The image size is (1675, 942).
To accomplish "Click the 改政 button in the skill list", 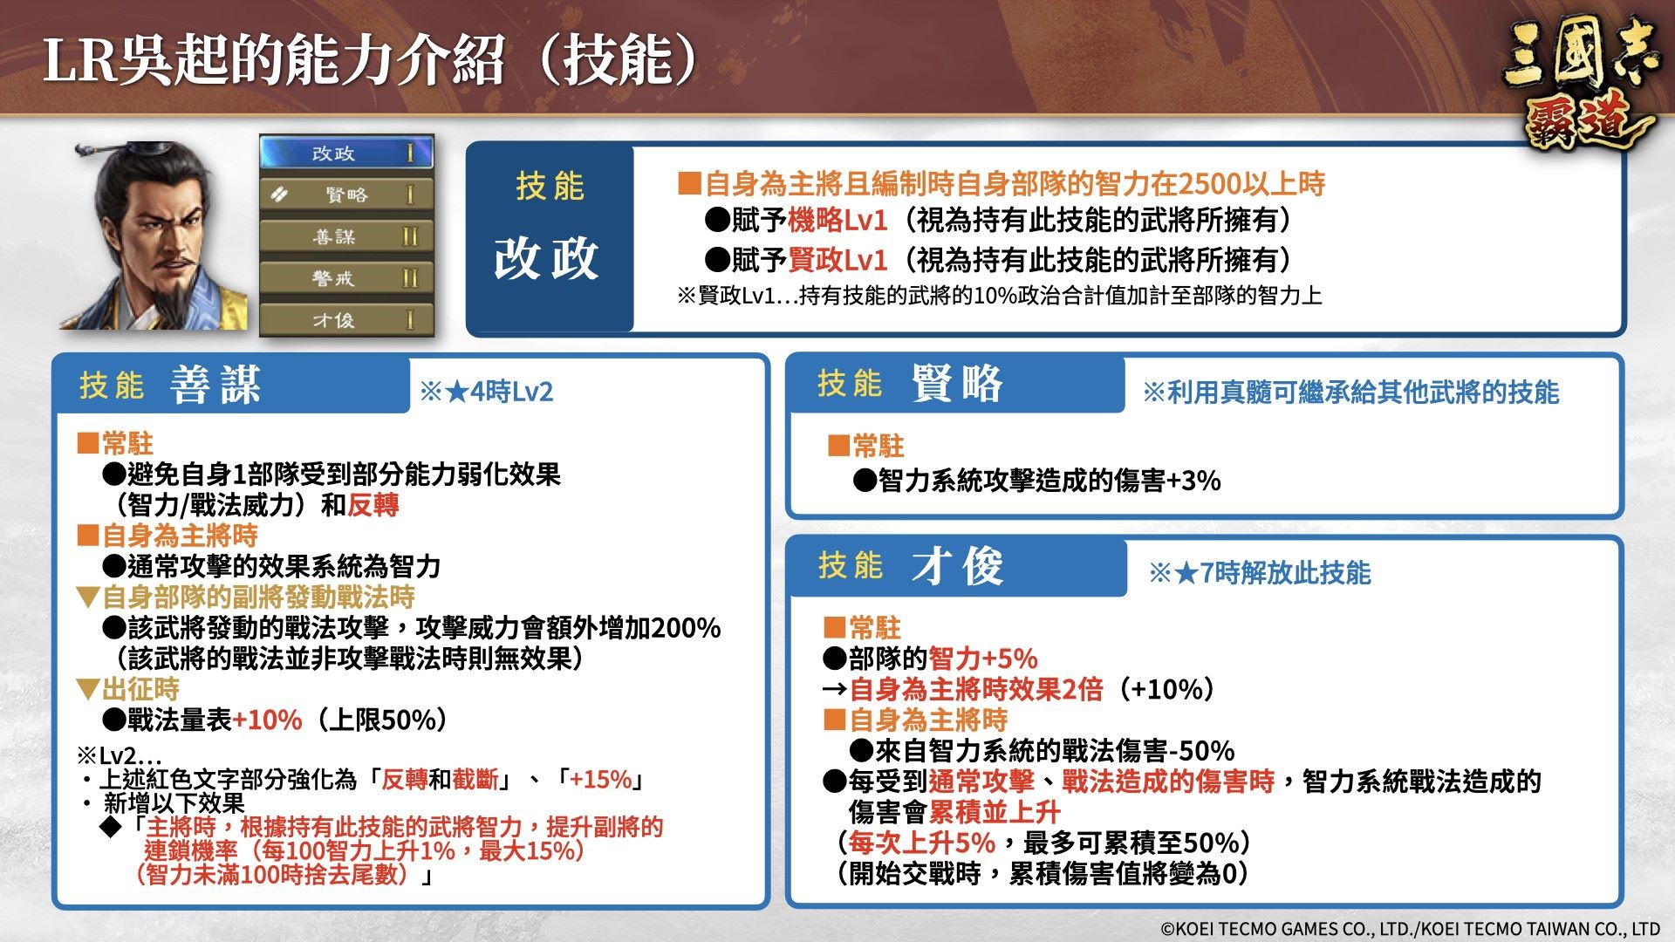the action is click(x=346, y=153).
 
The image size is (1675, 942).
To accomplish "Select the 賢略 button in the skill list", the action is click(x=346, y=195).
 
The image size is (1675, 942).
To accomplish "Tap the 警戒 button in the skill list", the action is click(x=346, y=278).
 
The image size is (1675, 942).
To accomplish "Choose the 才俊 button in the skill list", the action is click(x=346, y=320).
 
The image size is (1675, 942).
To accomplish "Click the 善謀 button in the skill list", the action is click(x=346, y=236).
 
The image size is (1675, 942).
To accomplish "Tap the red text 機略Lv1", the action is click(x=837, y=221).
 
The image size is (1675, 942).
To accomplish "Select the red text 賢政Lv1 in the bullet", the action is click(x=837, y=260).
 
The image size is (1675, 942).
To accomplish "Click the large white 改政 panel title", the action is click(x=546, y=259).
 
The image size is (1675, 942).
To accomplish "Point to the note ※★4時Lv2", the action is click(x=487, y=392).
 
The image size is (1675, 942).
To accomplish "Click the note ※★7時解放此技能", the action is click(x=1260, y=573).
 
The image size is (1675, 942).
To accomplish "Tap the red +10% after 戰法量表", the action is click(x=267, y=720).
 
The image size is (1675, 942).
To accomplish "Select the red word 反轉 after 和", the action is click(x=373, y=505).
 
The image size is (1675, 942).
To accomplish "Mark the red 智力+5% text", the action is click(x=983, y=659).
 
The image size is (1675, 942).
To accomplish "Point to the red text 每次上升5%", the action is click(x=922, y=843).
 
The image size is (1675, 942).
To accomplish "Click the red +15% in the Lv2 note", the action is click(x=600, y=779).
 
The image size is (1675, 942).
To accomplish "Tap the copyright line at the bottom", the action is click(x=1410, y=929).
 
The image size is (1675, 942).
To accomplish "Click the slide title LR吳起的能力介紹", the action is click(x=274, y=61).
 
